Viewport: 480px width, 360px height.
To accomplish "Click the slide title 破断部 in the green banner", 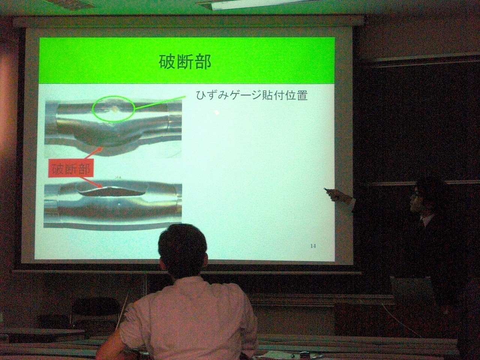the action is click(x=185, y=62).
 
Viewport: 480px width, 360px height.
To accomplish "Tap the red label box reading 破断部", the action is click(x=71, y=168).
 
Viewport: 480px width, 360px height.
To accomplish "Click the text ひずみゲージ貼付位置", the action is click(x=252, y=96).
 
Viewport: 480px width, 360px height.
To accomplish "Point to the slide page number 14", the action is click(x=313, y=246).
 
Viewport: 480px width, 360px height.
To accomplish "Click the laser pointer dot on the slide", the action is click(x=217, y=112).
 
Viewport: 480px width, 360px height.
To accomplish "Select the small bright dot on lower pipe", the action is click(x=119, y=204).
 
